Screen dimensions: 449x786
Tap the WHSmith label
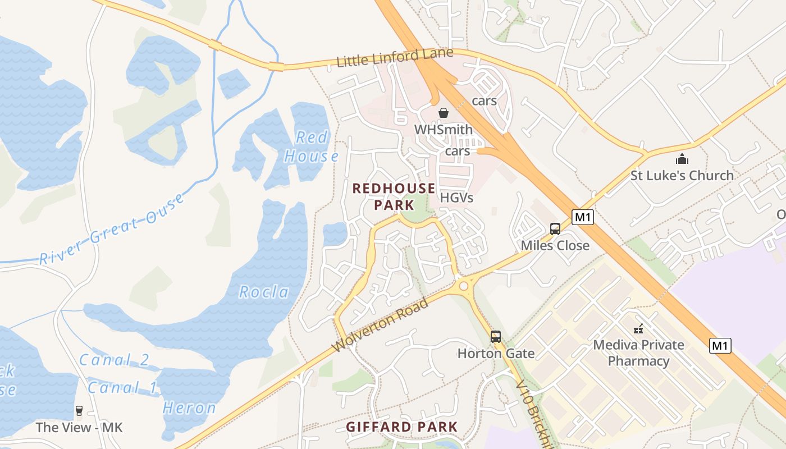(x=443, y=130)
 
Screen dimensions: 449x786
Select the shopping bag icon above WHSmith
(x=444, y=113)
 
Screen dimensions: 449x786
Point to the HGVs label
(x=456, y=198)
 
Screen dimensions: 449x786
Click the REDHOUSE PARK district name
(x=394, y=196)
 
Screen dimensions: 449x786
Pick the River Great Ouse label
(x=112, y=230)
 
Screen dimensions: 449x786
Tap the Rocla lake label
(x=264, y=292)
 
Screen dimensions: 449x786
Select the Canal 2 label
(x=114, y=360)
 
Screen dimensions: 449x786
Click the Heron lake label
(x=189, y=408)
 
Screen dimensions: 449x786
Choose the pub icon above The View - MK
(x=79, y=411)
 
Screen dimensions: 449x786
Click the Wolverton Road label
(x=380, y=326)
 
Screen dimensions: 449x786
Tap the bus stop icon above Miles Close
(x=555, y=229)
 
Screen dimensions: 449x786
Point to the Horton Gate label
(x=496, y=354)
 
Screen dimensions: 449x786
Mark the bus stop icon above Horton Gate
(x=496, y=337)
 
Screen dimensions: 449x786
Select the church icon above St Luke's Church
(x=682, y=159)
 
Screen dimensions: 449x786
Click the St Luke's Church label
(x=682, y=176)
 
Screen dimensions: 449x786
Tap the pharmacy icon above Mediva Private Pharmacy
(x=638, y=328)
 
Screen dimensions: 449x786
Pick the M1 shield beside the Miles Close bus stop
(x=583, y=217)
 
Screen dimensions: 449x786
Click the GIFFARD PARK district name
(x=401, y=427)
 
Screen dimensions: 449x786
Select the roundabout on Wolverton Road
(x=464, y=286)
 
